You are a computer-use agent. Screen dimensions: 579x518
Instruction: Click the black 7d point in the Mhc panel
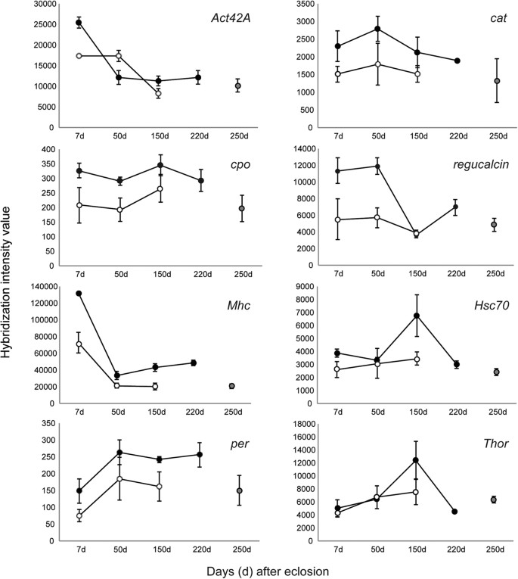pyautogui.click(x=79, y=293)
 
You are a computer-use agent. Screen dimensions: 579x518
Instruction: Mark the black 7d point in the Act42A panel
pyautogui.click(x=79, y=23)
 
